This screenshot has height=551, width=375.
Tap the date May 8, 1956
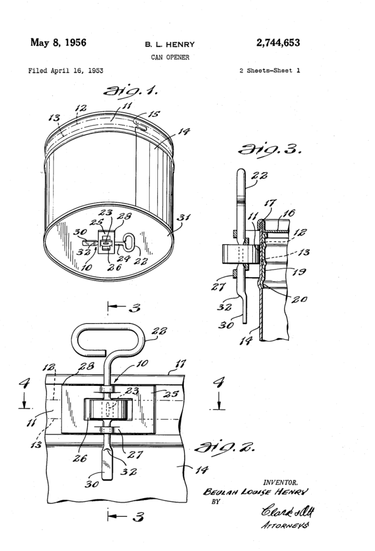pos(57,43)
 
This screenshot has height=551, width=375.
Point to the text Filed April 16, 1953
pos(66,70)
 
